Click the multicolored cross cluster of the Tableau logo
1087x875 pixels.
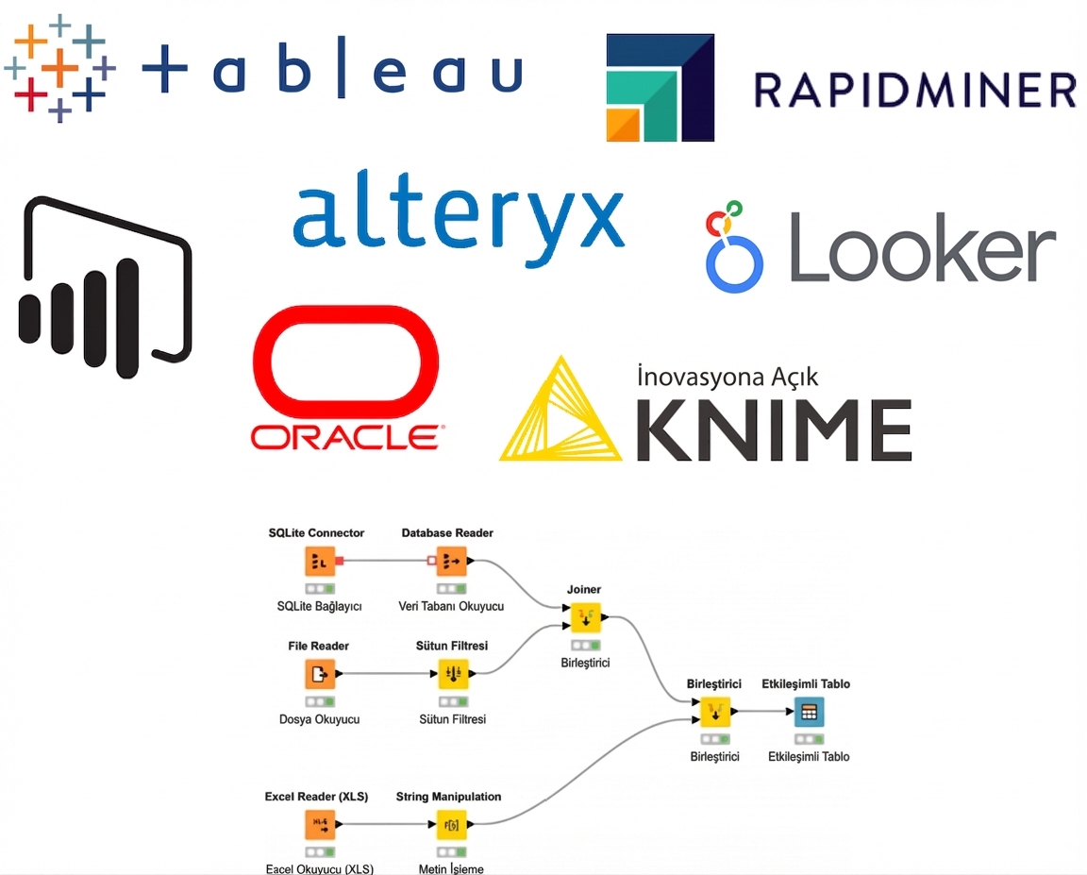(59, 68)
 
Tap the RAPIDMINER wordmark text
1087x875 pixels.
(914, 90)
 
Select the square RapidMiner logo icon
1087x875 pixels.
(660, 87)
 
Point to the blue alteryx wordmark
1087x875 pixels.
(458, 220)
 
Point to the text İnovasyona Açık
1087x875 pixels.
(727, 377)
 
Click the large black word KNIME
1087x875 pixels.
(774, 429)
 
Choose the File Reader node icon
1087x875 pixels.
(319, 674)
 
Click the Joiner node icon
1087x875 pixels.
(584, 618)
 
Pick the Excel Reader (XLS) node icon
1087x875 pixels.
(319, 824)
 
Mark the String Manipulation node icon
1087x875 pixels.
(451, 824)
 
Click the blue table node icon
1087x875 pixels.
(809, 711)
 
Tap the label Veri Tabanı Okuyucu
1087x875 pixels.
(450, 606)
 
